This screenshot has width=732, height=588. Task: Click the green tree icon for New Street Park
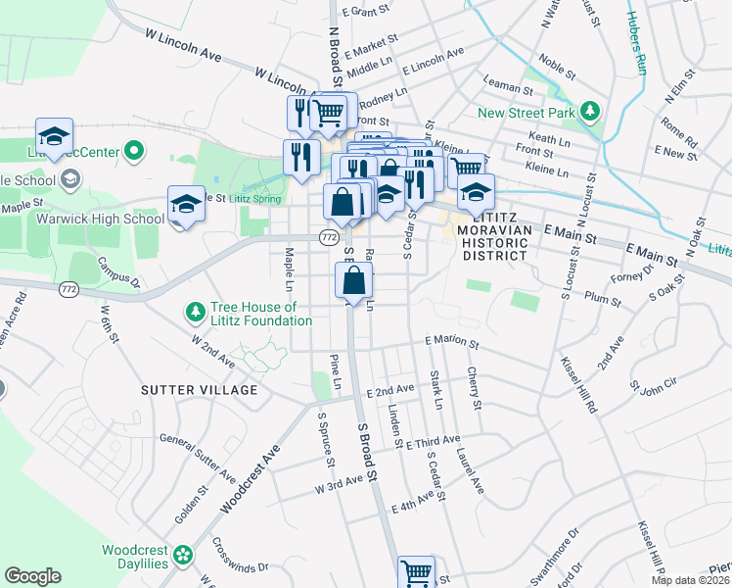pos(589,112)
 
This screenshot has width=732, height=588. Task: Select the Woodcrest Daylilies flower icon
pos(182,558)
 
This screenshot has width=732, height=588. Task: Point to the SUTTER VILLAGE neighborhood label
pos(199,389)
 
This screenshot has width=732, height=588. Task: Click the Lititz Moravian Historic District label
pos(494,241)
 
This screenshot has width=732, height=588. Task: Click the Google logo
pos(32,576)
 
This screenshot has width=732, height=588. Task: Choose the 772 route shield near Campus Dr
pos(68,289)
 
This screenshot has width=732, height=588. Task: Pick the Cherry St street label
pos(475,389)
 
